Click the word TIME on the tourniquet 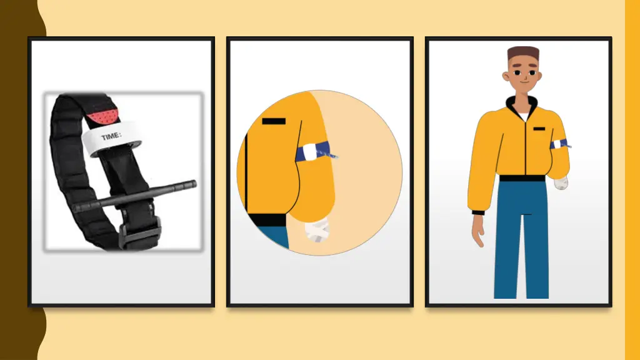(x=111, y=136)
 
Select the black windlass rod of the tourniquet (x=135, y=196)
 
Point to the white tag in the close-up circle (x=310, y=152)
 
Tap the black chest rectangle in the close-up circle (x=274, y=121)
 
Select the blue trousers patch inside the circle (x=274, y=237)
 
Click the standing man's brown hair (x=523, y=52)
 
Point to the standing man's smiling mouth (x=524, y=82)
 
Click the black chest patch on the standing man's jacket (x=539, y=129)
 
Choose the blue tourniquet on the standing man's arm (x=560, y=144)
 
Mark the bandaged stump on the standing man (x=561, y=183)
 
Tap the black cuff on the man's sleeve (x=478, y=212)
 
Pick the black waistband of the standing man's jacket (x=522, y=178)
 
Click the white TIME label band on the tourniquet (x=111, y=139)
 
